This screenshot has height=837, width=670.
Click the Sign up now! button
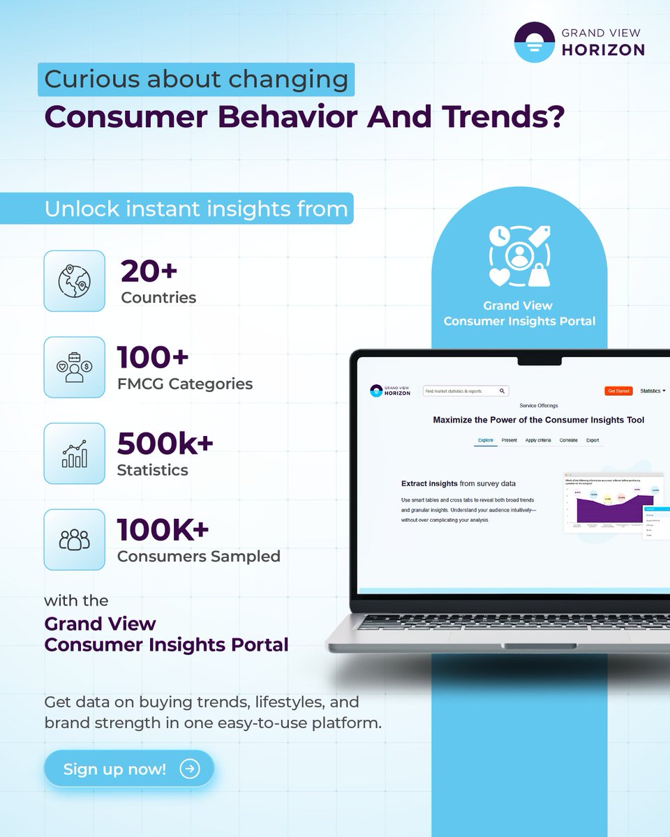(128, 769)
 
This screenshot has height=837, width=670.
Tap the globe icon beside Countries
(74, 281)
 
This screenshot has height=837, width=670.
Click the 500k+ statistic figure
(165, 444)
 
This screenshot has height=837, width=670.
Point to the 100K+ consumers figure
(163, 530)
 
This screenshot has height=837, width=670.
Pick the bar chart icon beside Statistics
(74, 453)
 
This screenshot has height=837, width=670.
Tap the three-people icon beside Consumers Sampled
(74, 540)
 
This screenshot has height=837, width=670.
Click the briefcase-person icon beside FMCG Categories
(74, 368)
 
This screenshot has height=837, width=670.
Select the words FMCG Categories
(184, 384)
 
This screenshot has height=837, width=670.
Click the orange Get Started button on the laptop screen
(618, 391)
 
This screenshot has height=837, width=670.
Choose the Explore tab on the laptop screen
(486, 440)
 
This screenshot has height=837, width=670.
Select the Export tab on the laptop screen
(593, 440)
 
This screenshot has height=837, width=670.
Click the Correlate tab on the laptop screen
(568, 440)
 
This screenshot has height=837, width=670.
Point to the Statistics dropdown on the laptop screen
(653, 391)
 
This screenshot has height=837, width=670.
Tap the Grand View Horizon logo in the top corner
(579, 42)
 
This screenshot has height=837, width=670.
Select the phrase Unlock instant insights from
(196, 209)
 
